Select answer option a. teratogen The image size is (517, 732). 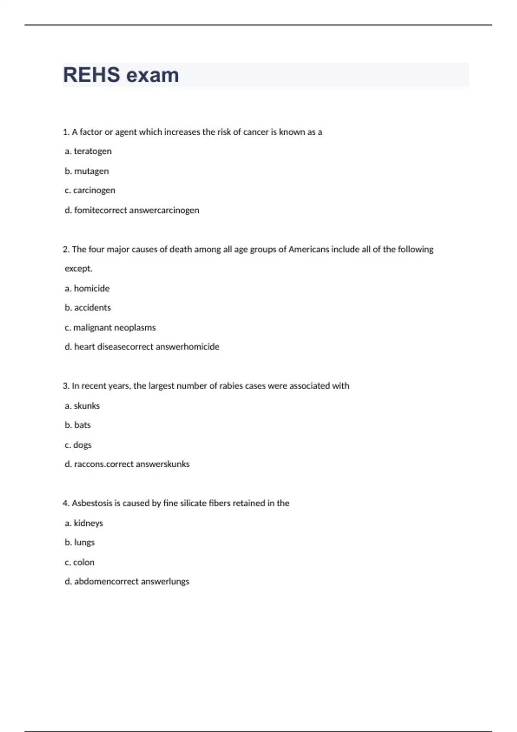[88, 151]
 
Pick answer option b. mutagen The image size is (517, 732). [87, 171]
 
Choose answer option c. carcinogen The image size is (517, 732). [90, 190]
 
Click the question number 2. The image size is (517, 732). [66, 249]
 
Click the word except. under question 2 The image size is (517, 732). [78, 269]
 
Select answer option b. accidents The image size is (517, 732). [87, 307]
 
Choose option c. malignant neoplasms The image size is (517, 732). [110, 327]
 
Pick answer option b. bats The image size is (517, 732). [78, 425]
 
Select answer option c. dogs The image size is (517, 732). [78, 445]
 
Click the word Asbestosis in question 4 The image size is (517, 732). [92, 503]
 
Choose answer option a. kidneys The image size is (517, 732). [84, 523]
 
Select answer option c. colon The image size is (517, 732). [79, 562]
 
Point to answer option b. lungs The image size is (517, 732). [80, 543]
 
